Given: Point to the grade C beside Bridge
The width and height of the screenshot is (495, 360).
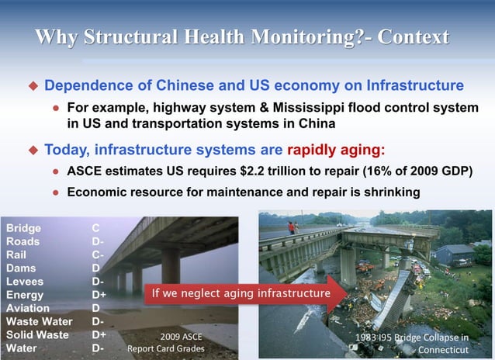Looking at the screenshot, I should pyautogui.click(x=95, y=229).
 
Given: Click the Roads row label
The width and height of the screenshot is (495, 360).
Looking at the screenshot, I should pyautogui.click(x=22, y=242).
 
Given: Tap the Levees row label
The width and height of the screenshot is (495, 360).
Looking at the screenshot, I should pyautogui.click(x=25, y=282).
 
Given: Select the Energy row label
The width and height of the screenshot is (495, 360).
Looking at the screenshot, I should pyautogui.click(x=25, y=295).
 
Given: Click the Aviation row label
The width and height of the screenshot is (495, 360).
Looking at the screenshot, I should pyautogui.click(x=28, y=308).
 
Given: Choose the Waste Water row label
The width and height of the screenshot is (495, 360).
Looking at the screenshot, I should pyautogui.click(x=39, y=321).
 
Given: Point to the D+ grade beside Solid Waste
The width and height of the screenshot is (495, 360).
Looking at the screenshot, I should pyautogui.click(x=99, y=335).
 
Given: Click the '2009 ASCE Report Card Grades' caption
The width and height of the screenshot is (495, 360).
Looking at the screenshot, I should pyautogui.click(x=166, y=343).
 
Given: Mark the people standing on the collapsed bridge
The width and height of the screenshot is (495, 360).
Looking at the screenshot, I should pyautogui.click(x=293, y=227).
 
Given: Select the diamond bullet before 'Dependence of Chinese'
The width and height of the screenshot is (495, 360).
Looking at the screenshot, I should pyautogui.click(x=33, y=85).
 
